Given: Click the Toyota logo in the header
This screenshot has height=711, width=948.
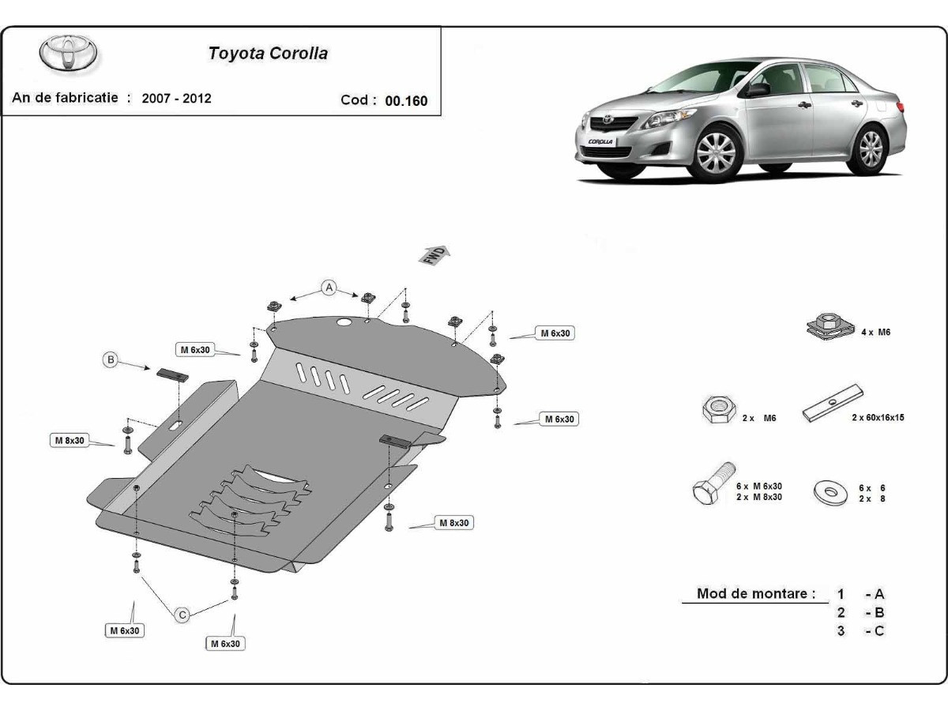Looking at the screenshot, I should point(70,52).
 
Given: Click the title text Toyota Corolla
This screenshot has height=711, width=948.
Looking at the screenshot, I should point(268,54).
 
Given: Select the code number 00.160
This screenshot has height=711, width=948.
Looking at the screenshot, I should point(406,100).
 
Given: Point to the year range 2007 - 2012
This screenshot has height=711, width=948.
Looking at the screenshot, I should point(177,99).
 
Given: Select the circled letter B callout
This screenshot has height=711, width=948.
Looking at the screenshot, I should point(111,360).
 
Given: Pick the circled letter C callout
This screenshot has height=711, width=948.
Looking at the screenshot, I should point(182,614).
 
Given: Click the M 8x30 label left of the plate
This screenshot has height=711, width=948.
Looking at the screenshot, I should point(70,440).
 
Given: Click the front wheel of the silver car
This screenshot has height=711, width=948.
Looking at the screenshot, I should point(716,152).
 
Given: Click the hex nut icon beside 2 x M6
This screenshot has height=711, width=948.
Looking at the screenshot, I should point(716,409).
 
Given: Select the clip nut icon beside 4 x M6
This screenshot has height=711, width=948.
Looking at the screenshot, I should point(826,326).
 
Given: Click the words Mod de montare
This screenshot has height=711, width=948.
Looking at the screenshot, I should point(756,593).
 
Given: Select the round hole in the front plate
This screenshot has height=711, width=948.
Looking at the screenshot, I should point(344,323).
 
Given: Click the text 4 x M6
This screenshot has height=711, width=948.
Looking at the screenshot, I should point(875,333).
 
